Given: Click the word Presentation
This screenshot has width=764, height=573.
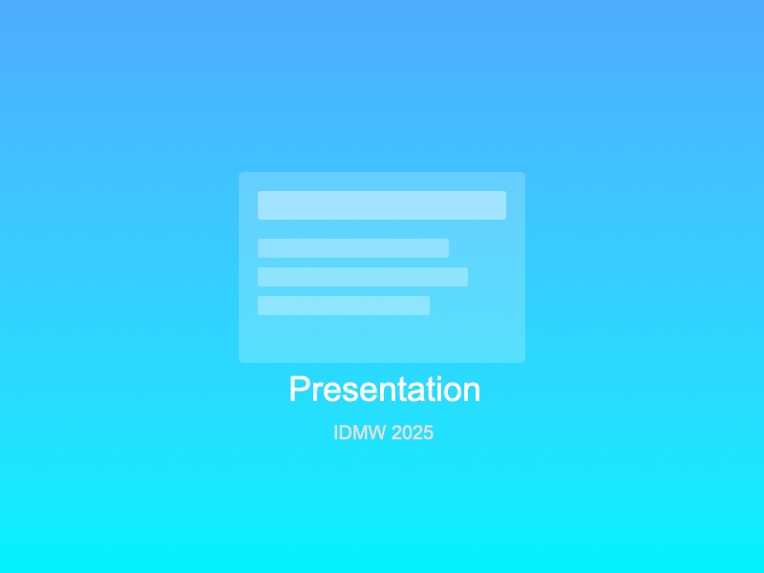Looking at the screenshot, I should pos(384,390).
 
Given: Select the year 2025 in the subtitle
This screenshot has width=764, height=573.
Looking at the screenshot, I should pos(413,433).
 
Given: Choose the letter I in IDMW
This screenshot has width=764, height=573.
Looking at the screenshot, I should pos(336,433).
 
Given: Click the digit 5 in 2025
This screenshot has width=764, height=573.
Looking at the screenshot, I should pos(429,433).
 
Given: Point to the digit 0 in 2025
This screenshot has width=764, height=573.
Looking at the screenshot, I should pos(408,433).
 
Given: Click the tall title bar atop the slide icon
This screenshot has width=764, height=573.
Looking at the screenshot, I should pos(382,205).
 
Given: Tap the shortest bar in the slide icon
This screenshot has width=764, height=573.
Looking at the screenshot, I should pos(344,306).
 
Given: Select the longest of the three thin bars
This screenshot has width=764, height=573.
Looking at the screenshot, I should pos(363,277).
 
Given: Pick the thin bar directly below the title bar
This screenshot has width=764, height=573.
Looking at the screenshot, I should pos(353,248).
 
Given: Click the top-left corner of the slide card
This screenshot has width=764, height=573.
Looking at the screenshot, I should pos(241,174).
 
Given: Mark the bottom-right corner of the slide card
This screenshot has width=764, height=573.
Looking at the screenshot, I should pos(523,361).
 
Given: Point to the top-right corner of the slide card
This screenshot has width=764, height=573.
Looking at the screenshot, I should pos(523,174).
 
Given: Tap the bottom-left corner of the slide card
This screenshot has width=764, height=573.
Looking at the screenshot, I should pos(241,361).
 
